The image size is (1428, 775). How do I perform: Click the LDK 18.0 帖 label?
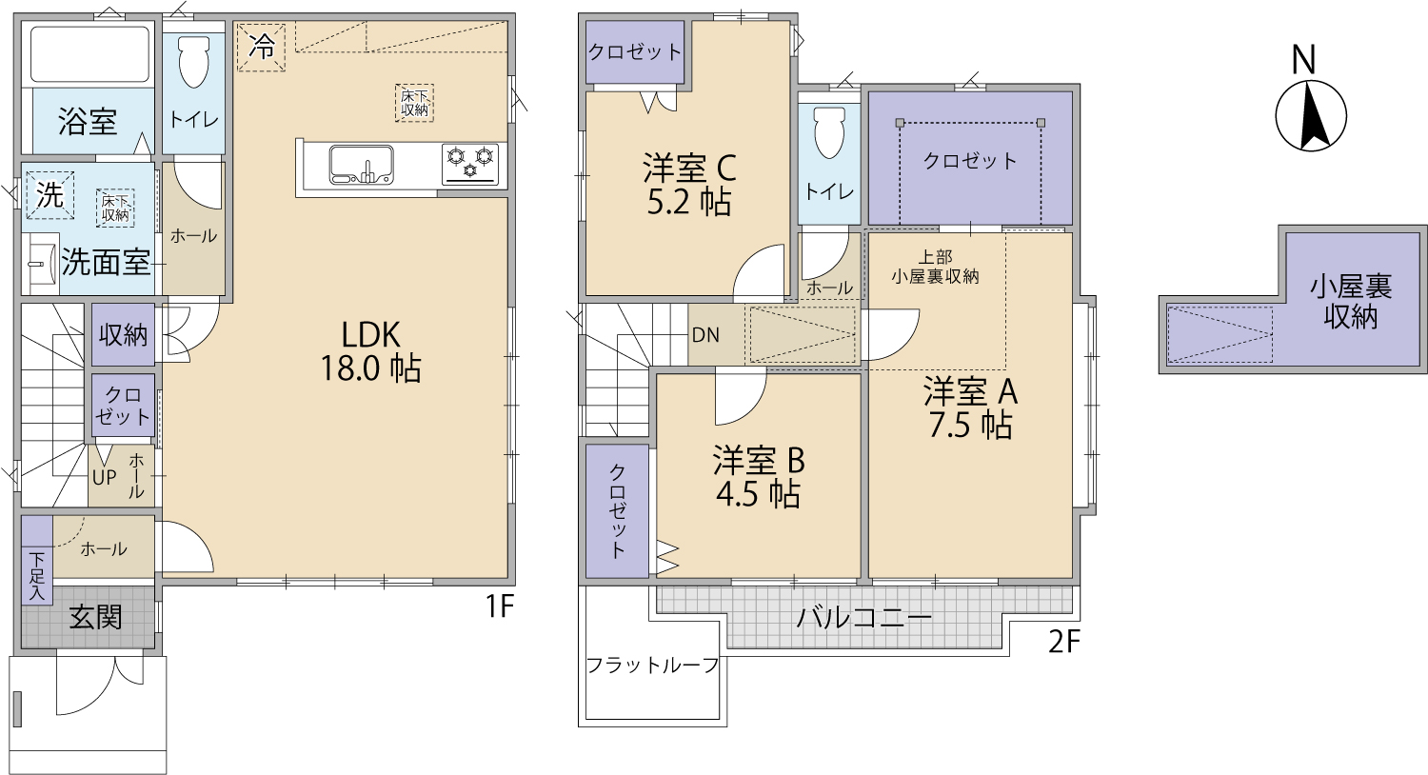tap(370, 351)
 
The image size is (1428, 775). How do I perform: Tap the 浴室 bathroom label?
tap(88, 121)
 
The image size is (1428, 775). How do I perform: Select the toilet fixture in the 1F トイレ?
tap(194, 62)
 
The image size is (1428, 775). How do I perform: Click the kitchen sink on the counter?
tap(361, 165)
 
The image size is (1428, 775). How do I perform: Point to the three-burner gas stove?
tap(470, 165)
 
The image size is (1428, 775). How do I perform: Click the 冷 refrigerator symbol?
tap(261, 48)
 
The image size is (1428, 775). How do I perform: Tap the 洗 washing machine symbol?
tap(50, 195)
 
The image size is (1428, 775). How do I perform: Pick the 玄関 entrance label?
tap(95, 617)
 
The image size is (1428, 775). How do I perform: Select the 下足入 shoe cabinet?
tap(37, 560)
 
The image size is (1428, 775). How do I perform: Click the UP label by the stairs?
tap(105, 477)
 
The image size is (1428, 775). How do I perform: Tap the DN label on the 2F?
tap(705, 334)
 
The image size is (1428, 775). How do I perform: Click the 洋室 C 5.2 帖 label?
tap(689, 184)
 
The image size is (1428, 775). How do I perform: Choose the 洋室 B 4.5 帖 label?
tap(758, 477)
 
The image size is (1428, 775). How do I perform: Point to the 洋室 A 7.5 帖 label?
tap(970, 407)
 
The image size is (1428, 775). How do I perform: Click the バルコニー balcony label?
tap(863, 618)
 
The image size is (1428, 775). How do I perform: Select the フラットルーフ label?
tap(652, 666)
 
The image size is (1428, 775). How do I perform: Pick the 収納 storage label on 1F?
tap(123, 334)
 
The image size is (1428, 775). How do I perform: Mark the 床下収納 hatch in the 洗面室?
tap(115, 208)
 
